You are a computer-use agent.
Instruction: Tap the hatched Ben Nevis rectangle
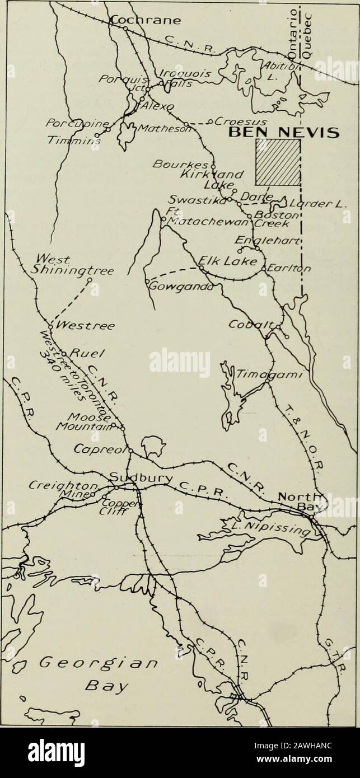click(277, 162)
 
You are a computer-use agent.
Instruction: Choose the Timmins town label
click(82, 142)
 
